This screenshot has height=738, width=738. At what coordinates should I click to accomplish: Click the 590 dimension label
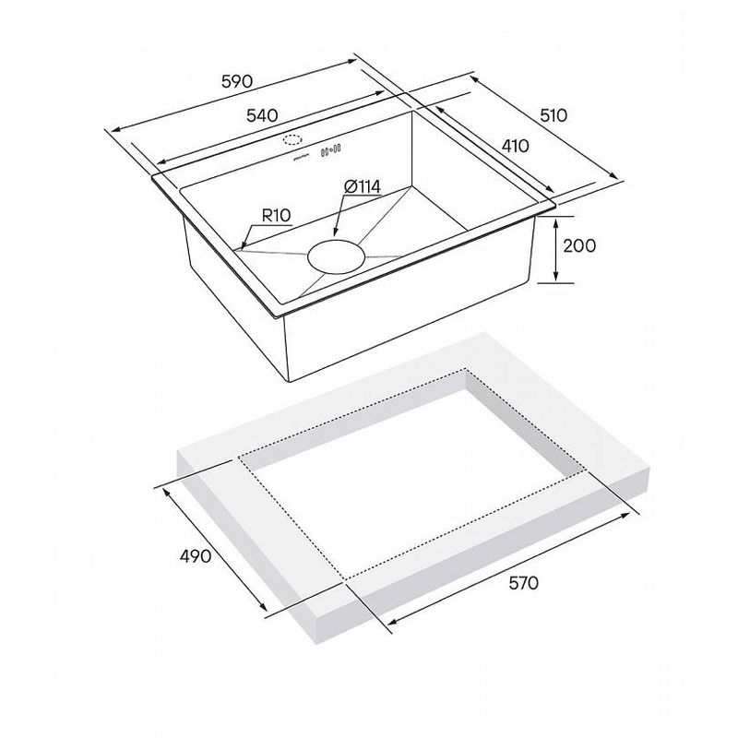pos(237,81)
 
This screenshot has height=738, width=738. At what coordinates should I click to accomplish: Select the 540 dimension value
pos(262,115)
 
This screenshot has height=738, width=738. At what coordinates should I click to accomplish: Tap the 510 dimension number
pos(553,115)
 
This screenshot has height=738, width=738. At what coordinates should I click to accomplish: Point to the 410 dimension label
pos(515,146)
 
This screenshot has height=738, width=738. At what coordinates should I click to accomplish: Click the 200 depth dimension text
pos(579,245)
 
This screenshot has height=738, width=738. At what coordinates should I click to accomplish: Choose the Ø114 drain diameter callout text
pos(363,187)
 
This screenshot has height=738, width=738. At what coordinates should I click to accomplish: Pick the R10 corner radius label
pos(276,216)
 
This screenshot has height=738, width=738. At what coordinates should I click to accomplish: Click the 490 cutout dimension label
pos(196,556)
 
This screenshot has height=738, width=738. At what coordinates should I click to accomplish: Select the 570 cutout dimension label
pos(523,584)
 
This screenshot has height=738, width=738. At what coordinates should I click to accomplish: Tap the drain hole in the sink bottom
pos(336,257)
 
